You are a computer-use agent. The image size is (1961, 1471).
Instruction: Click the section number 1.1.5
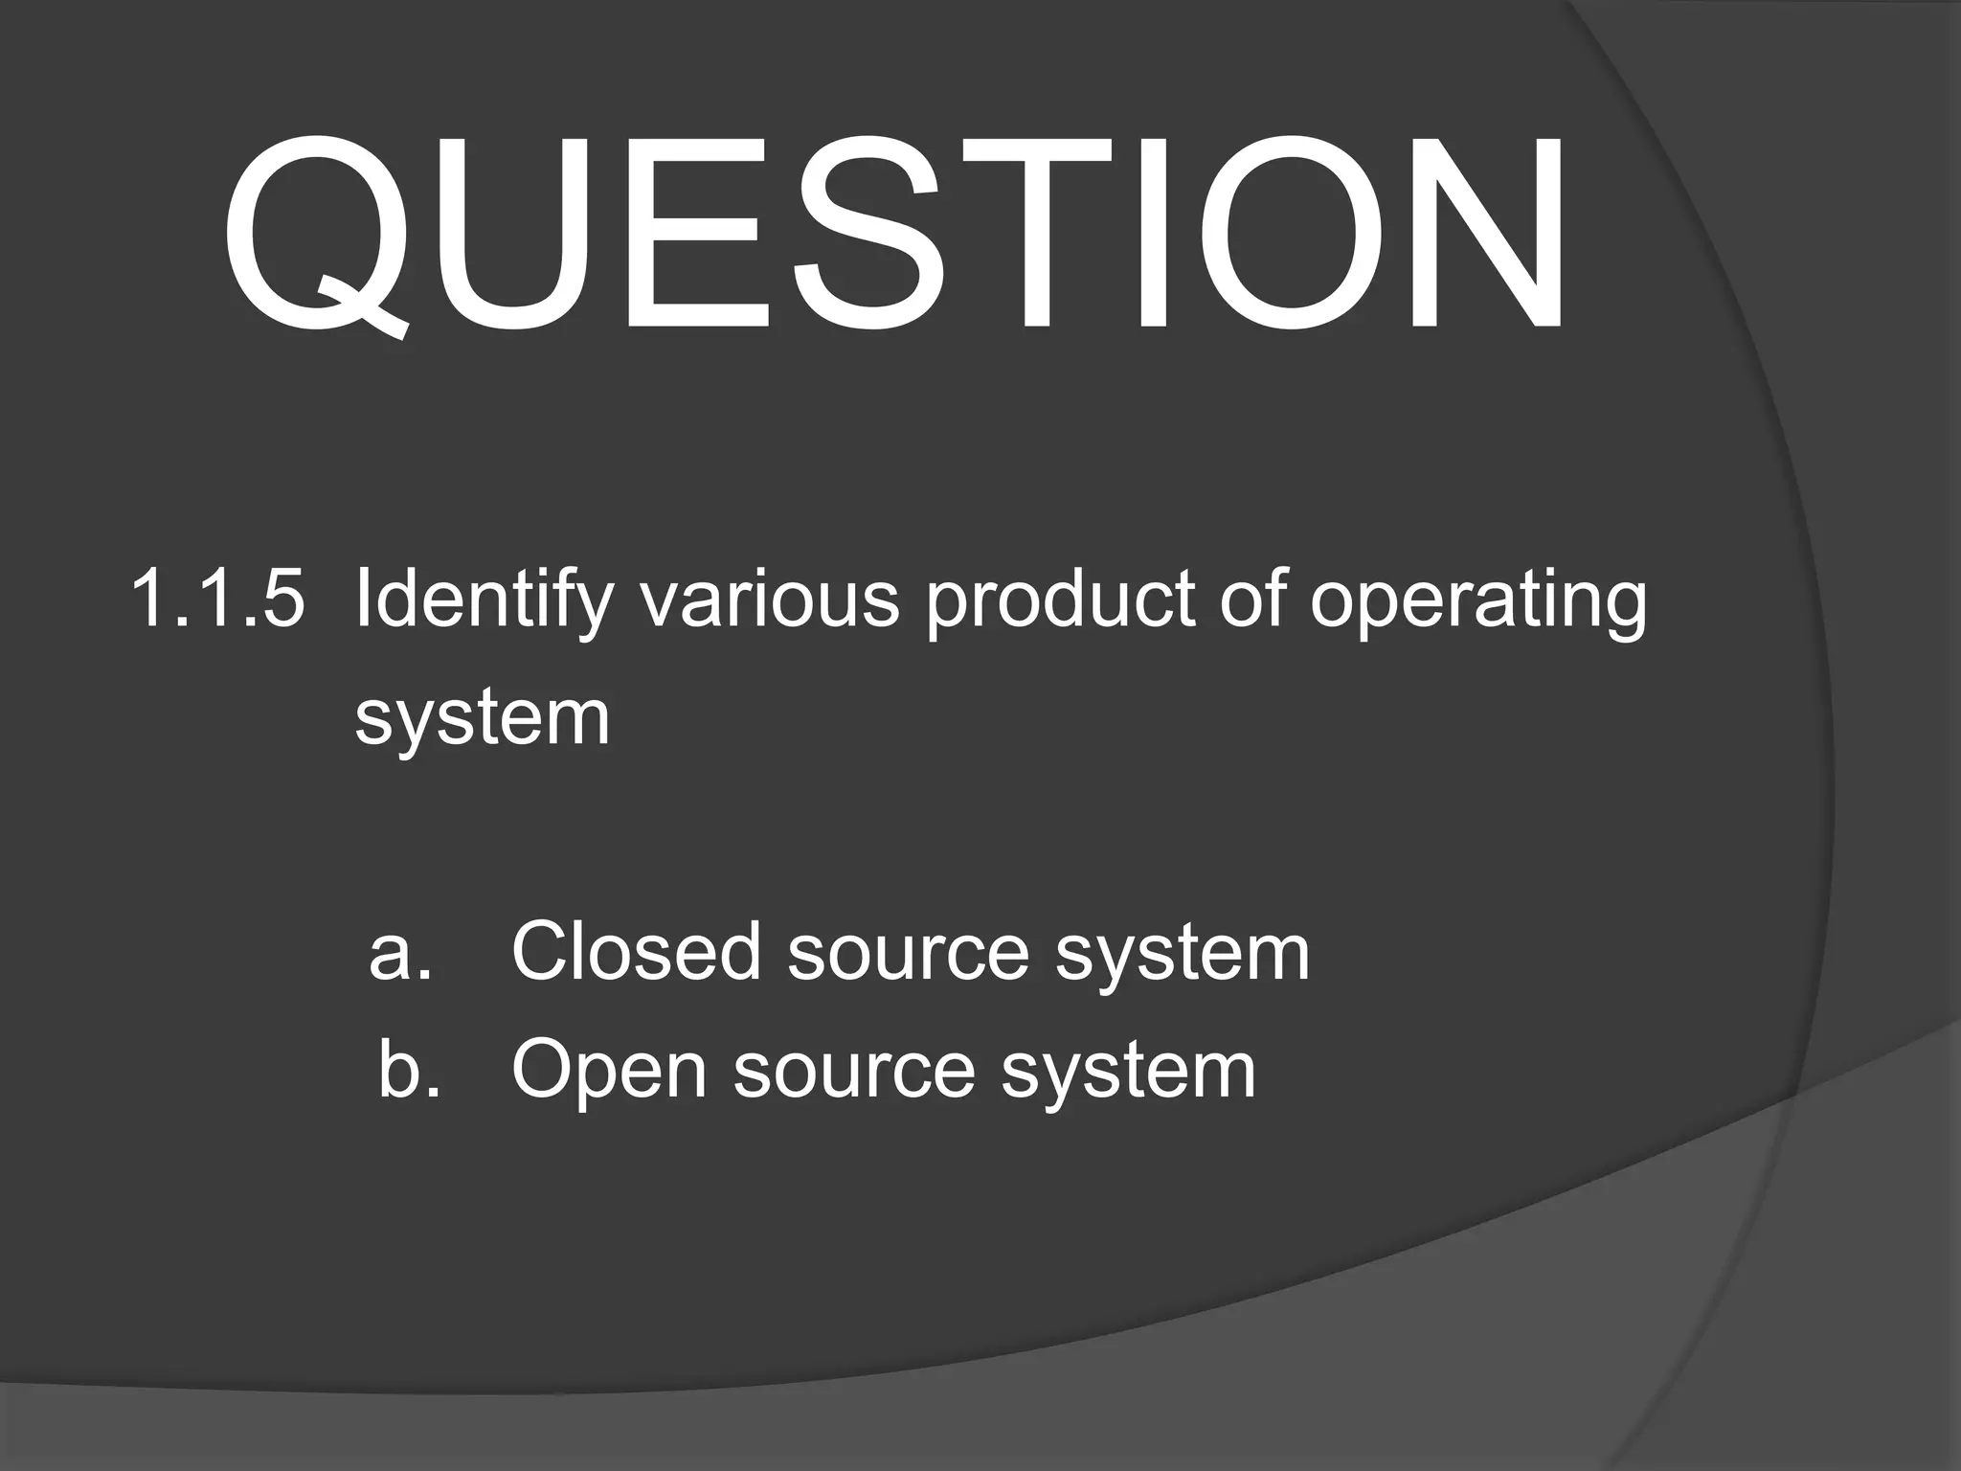tap(218, 600)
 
